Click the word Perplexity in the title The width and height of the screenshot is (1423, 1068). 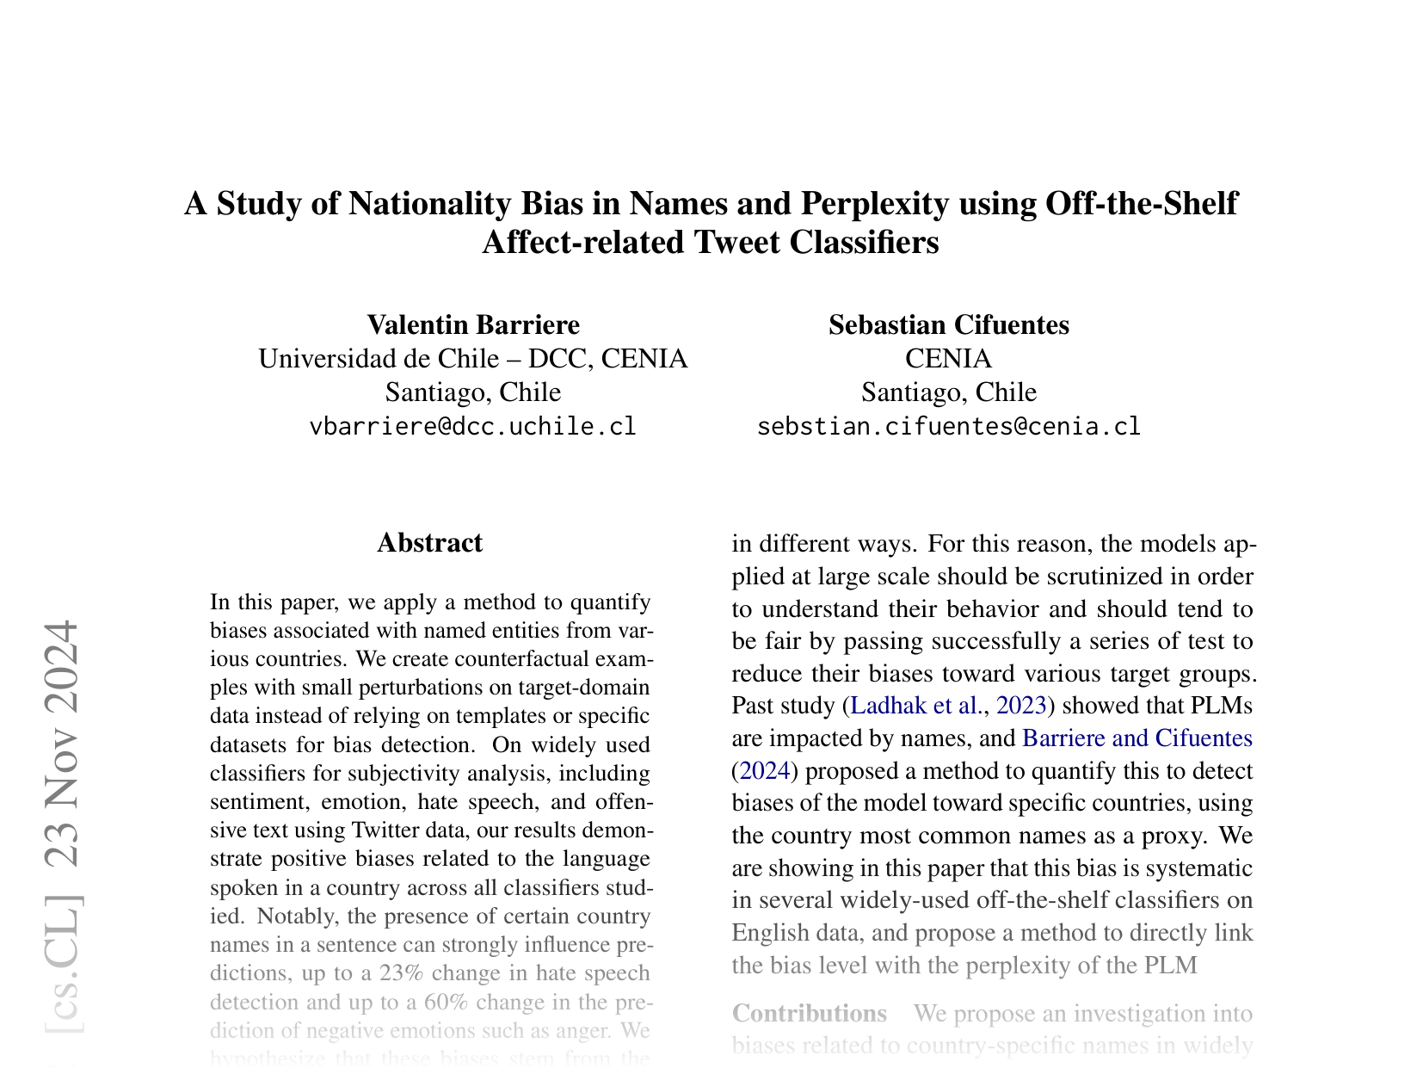tap(875, 204)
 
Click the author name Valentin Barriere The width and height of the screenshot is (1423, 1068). tap(473, 324)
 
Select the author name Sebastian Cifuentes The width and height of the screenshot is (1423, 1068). tap(948, 324)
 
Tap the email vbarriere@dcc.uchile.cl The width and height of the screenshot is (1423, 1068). tap(473, 426)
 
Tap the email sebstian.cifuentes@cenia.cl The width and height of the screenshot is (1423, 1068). tap(948, 426)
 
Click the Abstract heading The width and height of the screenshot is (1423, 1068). tap(429, 543)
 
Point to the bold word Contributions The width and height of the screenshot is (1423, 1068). tap(809, 1013)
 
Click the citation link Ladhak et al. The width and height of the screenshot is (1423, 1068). tap(915, 706)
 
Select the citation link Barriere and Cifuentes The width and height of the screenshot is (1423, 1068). tap(1137, 738)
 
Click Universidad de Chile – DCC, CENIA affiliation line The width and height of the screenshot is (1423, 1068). tap(473, 358)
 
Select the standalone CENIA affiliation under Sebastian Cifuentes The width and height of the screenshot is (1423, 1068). tap(948, 358)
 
